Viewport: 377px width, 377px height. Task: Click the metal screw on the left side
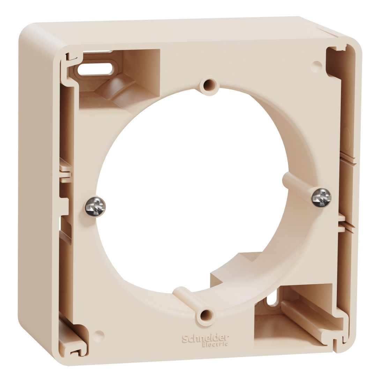coord(95,207)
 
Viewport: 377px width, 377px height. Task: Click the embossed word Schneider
coord(205,339)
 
